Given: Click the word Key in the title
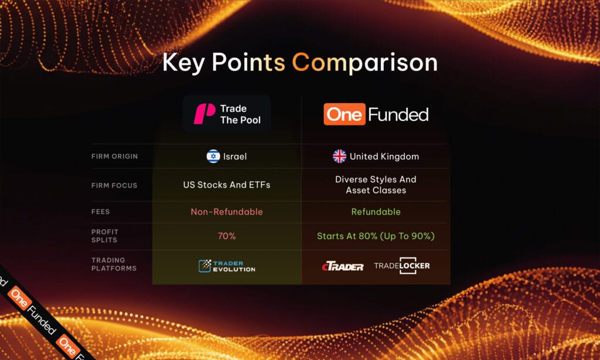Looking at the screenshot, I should [x=183, y=63].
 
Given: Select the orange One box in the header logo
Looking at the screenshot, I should [x=344, y=114].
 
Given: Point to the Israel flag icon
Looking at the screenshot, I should [x=213, y=157].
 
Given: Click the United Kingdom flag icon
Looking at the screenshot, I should [x=339, y=157].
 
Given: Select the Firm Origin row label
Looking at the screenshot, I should [x=114, y=157].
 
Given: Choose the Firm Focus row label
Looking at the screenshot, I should [x=114, y=185].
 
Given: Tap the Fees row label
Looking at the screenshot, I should [x=101, y=212].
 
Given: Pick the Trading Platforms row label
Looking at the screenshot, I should [x=114, y=264].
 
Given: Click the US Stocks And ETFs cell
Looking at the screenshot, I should [x=227, y=185].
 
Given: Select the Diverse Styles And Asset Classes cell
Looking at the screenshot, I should [x=376, y=185].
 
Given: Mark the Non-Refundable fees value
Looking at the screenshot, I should [x=227, y=212].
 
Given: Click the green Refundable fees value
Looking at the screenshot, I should [x=376, y=212].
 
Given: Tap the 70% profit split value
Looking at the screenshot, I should [x=227, y=236].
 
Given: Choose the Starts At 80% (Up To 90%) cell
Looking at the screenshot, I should [x=376, y=236].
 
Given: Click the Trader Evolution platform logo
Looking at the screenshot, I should [x=227, y=266].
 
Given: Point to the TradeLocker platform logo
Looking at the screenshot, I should [x=402, y=266].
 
